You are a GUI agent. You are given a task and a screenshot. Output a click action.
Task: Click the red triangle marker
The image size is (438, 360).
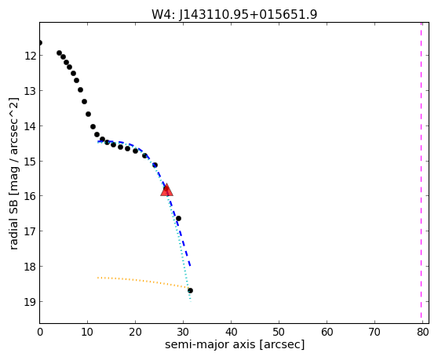(x=166, y=190)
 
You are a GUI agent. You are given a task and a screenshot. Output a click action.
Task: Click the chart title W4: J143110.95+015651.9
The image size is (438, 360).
(x=235, y=14)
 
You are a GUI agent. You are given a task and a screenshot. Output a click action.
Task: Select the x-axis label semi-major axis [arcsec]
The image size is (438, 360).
(x=235, y=344)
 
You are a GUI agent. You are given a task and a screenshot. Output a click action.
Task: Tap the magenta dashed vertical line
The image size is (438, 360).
(x=421, y=173)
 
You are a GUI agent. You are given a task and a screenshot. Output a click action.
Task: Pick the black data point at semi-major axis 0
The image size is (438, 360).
(x=40, y=42)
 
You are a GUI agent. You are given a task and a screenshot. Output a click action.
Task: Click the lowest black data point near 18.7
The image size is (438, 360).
(x=190, y=291)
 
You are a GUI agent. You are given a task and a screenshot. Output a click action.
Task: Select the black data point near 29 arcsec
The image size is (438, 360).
(x=178, y=218)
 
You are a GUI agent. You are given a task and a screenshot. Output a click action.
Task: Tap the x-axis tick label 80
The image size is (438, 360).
(x=422, y=332)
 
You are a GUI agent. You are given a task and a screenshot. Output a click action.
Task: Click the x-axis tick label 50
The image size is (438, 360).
(x=279, y=332)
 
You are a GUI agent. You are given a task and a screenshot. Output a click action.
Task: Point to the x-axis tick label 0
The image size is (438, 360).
(x=40, y=332)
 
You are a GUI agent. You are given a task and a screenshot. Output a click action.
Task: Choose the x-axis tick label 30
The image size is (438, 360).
(x=183, y=332)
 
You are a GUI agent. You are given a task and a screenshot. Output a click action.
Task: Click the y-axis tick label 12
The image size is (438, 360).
(x=30, y=56)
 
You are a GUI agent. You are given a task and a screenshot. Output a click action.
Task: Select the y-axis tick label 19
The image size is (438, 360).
(x=30, y=302)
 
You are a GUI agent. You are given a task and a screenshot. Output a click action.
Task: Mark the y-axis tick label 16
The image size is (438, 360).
(x=30, y=196)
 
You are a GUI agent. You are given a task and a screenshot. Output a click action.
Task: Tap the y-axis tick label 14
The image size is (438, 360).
(x=30, y=125)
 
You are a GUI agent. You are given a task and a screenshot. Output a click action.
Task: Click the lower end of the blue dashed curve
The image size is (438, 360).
(x=190, y=266)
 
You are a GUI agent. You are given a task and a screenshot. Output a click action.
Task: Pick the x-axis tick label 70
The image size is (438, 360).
(x=374, y=332)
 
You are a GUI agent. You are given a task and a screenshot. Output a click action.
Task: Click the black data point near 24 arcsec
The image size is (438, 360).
(x=155, y=165)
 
